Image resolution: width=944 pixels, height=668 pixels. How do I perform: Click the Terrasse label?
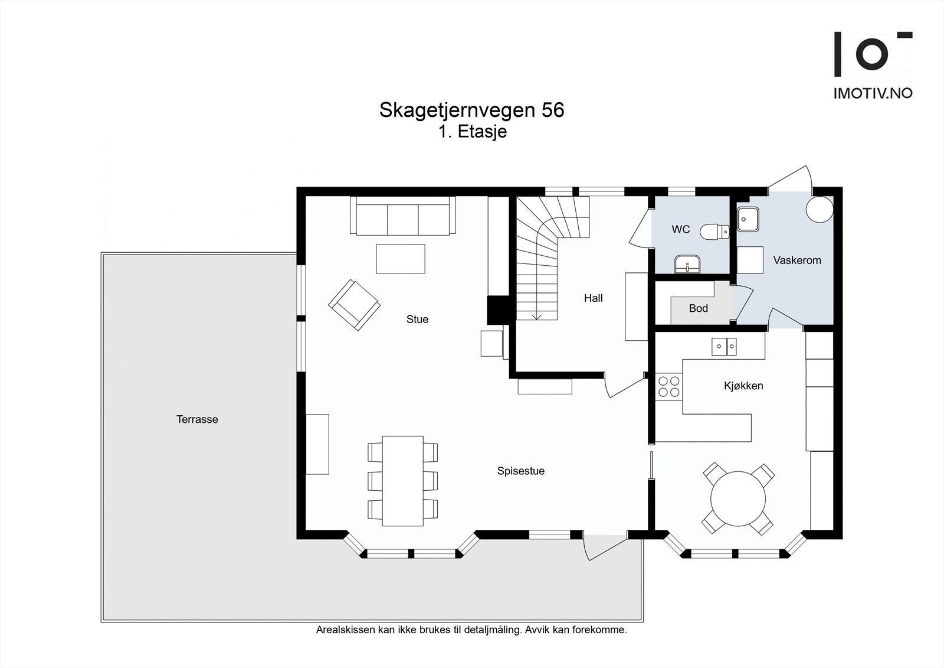coord(197,419)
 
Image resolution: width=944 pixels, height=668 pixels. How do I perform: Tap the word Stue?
coord(417,319)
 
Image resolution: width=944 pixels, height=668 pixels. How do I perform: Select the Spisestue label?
coord(520,471)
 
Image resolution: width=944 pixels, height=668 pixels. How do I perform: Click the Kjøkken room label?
coord(743,386)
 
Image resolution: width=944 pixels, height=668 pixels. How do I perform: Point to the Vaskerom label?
coord(796,260)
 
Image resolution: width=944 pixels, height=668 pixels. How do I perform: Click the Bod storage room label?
coord(698,308)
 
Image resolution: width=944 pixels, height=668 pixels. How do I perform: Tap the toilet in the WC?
coord(714,231)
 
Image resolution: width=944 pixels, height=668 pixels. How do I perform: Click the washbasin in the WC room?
coord(687,265)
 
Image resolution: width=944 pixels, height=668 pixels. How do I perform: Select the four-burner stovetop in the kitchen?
coord(669,386)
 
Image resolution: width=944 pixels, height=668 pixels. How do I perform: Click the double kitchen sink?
coord(723,347)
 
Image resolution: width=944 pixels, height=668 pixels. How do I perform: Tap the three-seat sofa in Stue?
coord(402,216)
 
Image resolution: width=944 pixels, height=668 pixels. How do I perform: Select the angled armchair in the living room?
coord(354,305)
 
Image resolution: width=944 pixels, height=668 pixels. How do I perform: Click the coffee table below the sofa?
coord(401,259)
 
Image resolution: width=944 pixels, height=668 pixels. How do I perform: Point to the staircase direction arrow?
coord(536,316)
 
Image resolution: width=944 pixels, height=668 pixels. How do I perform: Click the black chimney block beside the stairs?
coord(497,309)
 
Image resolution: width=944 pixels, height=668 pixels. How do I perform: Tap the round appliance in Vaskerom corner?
coord(820,209)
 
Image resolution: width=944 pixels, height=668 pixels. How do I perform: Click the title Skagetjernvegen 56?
coord(471,110)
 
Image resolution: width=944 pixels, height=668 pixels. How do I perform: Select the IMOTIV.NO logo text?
coord(873,93)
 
